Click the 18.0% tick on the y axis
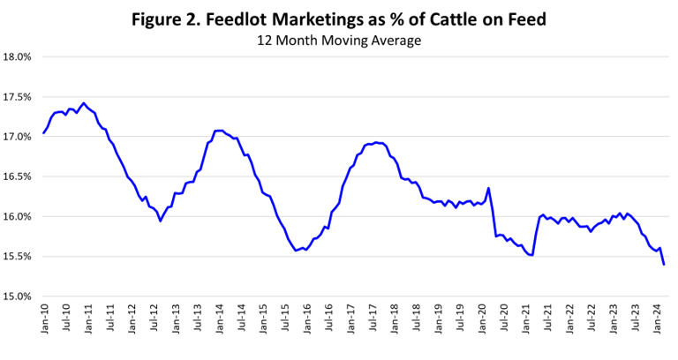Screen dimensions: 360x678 tap(19, 57)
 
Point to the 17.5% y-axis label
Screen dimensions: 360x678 tap(19, 97)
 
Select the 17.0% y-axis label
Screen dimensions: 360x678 tap(19, 137)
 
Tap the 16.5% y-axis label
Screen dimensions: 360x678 tap(19, 176)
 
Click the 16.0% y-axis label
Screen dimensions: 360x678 tap(19, 216)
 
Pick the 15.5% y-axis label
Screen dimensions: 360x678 tap(19, 256)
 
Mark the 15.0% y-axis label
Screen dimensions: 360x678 tap(19, 296)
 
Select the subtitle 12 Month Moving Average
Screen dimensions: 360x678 tap(339, 41)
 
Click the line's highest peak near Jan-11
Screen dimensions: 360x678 tap(83, 103)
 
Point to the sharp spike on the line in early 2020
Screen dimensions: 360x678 tap(488, 188)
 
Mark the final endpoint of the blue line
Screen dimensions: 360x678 tap(663, 264)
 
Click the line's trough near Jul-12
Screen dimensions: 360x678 tap(160, 220)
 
